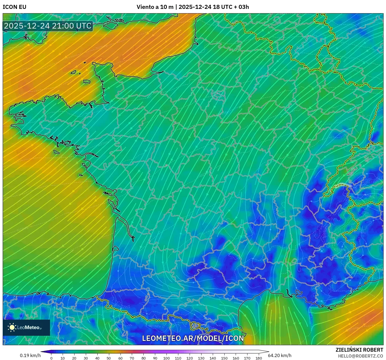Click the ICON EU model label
pos(15,7)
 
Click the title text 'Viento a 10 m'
pos(155,7)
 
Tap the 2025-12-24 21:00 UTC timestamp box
pos(48,26)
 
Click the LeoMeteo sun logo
pos(12,327)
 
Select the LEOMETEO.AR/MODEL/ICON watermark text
pos(193,338)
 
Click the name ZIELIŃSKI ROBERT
pos(359,350)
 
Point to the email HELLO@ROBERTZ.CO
pos(360,356)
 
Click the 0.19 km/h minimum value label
pos(30,355)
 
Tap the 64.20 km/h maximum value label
pos(280,355)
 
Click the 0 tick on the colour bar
pos(51,358)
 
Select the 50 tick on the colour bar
pos(109,358)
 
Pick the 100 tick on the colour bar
pos(167,358)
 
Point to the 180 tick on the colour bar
pos(259,358)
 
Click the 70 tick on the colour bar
pos(132,358)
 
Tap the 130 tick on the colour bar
pos(201,358)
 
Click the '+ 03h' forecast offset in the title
pos(241,7)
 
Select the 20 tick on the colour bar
pos(74,358)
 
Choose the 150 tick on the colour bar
pos(224,358)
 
